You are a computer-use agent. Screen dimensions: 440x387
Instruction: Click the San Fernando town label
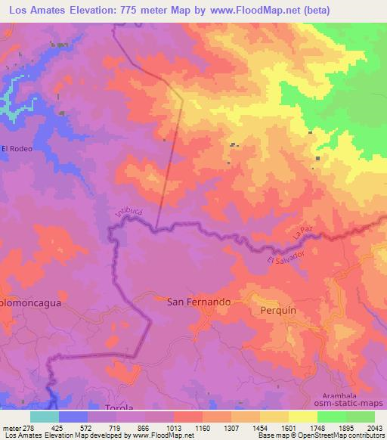198,301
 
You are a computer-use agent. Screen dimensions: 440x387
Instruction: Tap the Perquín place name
280,310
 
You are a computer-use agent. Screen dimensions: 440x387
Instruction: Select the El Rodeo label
17,148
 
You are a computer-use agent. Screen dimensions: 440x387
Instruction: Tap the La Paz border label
302,241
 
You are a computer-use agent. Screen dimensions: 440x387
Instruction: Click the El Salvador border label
286,259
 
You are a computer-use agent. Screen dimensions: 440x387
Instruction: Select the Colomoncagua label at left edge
30,301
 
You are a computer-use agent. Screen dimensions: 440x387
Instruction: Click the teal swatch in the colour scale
45,417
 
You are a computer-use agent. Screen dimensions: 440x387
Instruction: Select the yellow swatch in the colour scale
302,417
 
